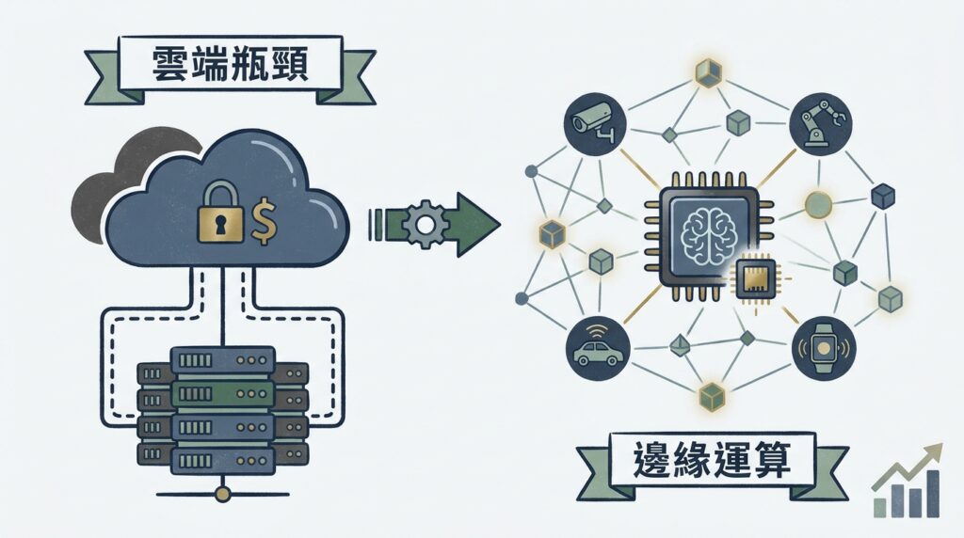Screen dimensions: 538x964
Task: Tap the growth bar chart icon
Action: click(x=906, y=489)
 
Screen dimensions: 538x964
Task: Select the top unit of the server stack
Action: click(x=223, y=361)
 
